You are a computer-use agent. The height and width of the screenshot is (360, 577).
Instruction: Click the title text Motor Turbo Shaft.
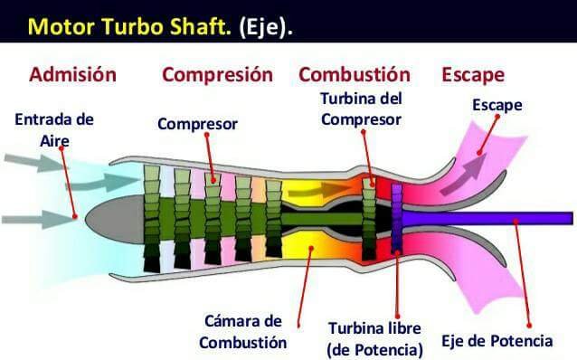[129, 26]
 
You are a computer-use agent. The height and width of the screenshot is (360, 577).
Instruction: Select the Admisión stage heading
[73, 74]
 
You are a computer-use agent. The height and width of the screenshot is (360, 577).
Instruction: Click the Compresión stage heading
[217, 75]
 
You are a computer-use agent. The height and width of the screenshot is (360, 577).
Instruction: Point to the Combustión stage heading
[355, 74]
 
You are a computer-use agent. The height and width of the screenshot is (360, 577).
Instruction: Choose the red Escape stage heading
[473, 75]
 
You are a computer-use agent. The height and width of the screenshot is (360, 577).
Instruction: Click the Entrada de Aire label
[54, 130]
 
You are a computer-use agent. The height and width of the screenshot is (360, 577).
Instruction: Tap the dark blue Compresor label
[197, 124]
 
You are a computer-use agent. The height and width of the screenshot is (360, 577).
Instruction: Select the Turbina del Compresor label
[361, 109]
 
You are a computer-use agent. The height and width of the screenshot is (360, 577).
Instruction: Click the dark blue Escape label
[497, 105]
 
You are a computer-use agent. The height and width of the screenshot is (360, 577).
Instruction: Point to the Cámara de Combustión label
[243, 332]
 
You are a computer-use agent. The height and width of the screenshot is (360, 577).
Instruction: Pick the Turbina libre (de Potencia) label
[375, 339]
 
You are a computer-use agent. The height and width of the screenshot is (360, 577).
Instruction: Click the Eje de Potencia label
[497, 341]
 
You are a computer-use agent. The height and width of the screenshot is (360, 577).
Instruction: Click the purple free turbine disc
[397, 218]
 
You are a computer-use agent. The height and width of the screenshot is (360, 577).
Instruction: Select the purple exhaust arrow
[464, 175]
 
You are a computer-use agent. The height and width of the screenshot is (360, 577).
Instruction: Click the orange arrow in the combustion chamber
[319, 190]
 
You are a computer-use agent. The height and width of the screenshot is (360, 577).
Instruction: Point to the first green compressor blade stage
[152, 219]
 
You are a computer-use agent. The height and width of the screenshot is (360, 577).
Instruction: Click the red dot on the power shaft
[516, 222]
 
